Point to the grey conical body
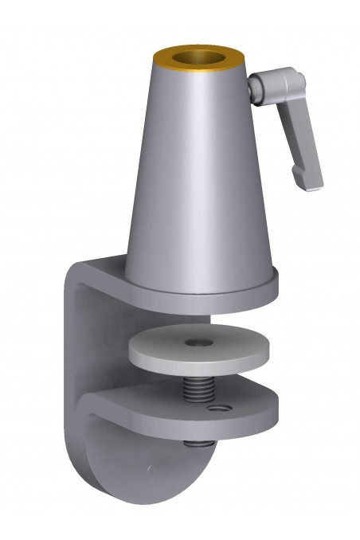(199, 175)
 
